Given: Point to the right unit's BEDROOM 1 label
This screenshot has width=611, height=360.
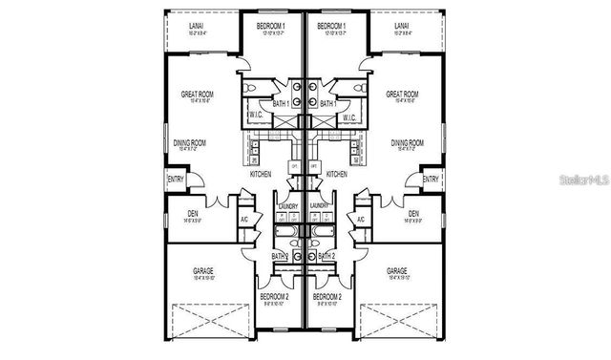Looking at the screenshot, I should [x=331, y=27].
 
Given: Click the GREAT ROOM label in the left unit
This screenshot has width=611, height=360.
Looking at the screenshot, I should [x=197, y=95].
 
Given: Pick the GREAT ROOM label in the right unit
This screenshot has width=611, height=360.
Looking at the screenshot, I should [x=403, y=95].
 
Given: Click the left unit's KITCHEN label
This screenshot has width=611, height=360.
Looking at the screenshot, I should [x=261, y=175].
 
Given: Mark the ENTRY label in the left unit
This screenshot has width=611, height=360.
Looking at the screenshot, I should [x=177, y=179].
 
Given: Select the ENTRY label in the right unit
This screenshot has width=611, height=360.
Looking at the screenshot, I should [x=431, y=179].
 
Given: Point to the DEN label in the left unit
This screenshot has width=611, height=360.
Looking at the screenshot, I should [x=193, y=213].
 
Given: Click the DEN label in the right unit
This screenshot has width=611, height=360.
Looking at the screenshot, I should [x=413, y=213].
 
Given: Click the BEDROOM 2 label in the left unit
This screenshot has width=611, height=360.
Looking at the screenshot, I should [x=274, y=297].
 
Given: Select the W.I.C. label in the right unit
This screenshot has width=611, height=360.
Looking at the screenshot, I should [x=349, y=118].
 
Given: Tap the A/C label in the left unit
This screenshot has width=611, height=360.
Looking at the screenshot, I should [x=244, y=220].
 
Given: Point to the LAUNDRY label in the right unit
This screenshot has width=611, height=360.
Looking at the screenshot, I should [x=321, y=205].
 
